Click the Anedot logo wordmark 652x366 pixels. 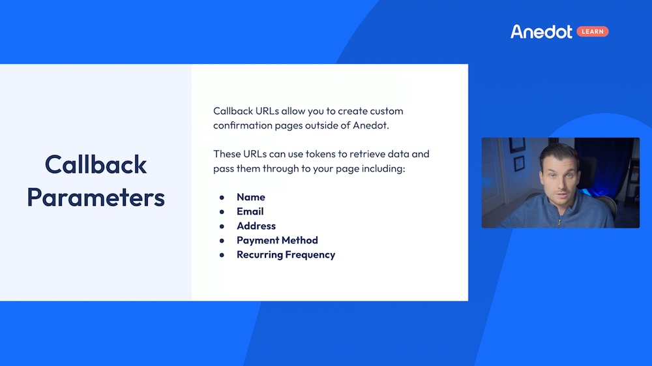[541, 31]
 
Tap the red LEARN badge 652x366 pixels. [592, 31]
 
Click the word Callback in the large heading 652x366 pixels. [96, 164]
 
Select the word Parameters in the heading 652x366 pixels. [96, 197]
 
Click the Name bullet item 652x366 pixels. [250, 197]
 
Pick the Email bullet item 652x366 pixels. [250, 211]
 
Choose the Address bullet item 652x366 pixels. [256, 226]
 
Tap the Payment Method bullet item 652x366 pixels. [277, 240]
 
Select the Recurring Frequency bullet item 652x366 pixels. [286, 254]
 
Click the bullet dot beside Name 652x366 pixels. [222, 197]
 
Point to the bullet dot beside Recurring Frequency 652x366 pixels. [222, 254]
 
